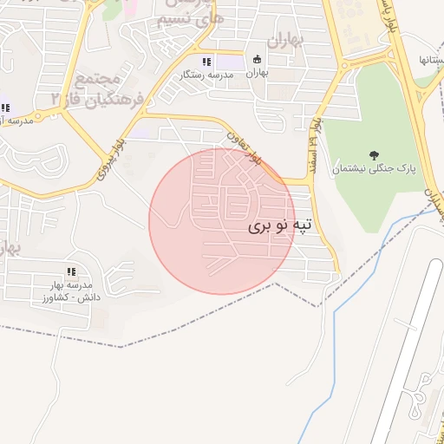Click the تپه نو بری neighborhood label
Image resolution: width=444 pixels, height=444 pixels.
tap(279, 226)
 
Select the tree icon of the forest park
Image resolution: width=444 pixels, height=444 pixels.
tap(374, 155)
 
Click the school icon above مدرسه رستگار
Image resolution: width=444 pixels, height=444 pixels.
tap(206, 62)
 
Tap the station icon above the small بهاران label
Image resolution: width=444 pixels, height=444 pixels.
tap(257, 59)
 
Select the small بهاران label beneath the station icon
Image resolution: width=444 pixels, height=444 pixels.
tap(257, 74)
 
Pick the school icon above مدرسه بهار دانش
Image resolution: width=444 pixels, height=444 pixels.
tap(71, 271)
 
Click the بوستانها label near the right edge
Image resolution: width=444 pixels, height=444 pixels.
tap(431, 60)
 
